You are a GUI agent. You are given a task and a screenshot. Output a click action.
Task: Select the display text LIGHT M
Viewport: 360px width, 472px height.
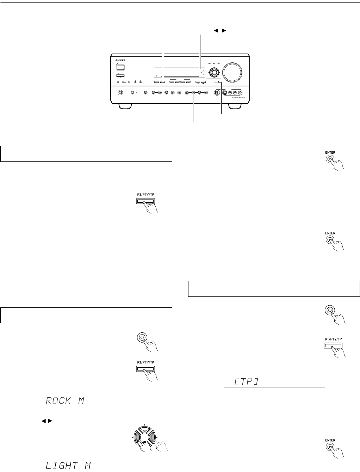[x=68, y=466]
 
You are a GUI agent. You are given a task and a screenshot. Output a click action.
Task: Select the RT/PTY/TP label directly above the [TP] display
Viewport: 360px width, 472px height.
[x=333, y=339]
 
